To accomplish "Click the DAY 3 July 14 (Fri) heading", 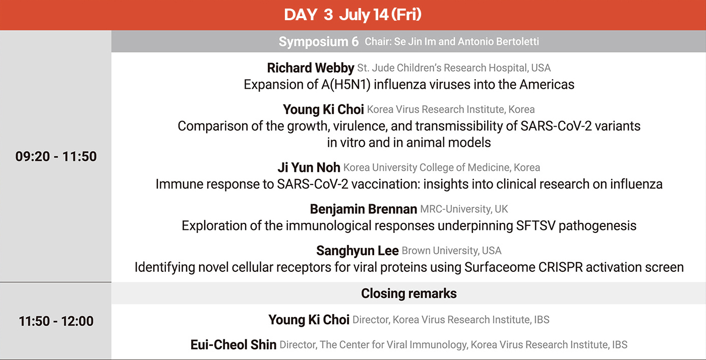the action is [352, 15].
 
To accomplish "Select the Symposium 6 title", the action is [319, 42].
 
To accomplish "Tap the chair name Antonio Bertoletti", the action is [498, 41].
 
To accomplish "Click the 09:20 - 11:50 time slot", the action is [56, 156].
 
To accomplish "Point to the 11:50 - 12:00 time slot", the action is [56, 321].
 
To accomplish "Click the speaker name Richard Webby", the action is [311, 68].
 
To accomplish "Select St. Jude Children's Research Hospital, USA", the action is [454, 68].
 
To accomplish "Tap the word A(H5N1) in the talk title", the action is [346, 85].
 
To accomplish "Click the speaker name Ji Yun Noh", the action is [309, 167].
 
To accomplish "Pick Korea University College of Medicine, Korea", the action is [442, 167].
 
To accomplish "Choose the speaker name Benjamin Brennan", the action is [364, 209].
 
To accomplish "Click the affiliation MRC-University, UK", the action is [464, 209].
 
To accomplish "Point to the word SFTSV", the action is [536, 226].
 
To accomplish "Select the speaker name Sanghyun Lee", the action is [358, 251].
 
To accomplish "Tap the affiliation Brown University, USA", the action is [452, 251].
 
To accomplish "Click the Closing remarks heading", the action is [409, 293].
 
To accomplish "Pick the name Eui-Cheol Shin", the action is [233, 344].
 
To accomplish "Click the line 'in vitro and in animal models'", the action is [409, 143].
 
